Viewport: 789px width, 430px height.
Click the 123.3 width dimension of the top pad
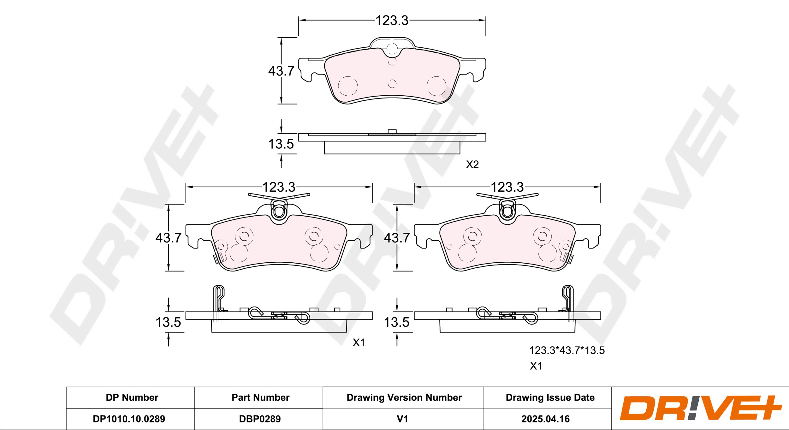click(x=392, y=21)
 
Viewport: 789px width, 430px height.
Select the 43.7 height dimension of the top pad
click(x=281, y=71)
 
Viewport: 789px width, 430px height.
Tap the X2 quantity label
click(x=472, y=164)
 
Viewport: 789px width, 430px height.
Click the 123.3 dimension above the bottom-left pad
click(x=279, y=187)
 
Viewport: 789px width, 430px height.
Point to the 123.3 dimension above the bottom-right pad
click(x=507, y=187)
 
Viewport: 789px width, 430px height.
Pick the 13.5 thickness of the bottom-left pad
click(x=168, y=322)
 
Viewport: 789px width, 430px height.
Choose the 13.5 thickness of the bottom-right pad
click(x=397, y=322)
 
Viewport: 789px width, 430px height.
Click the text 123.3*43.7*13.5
click(x=567, y=350)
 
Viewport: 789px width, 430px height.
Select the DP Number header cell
click(x=132, y=397)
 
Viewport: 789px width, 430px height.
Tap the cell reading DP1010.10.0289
click(x=129, y=419)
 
